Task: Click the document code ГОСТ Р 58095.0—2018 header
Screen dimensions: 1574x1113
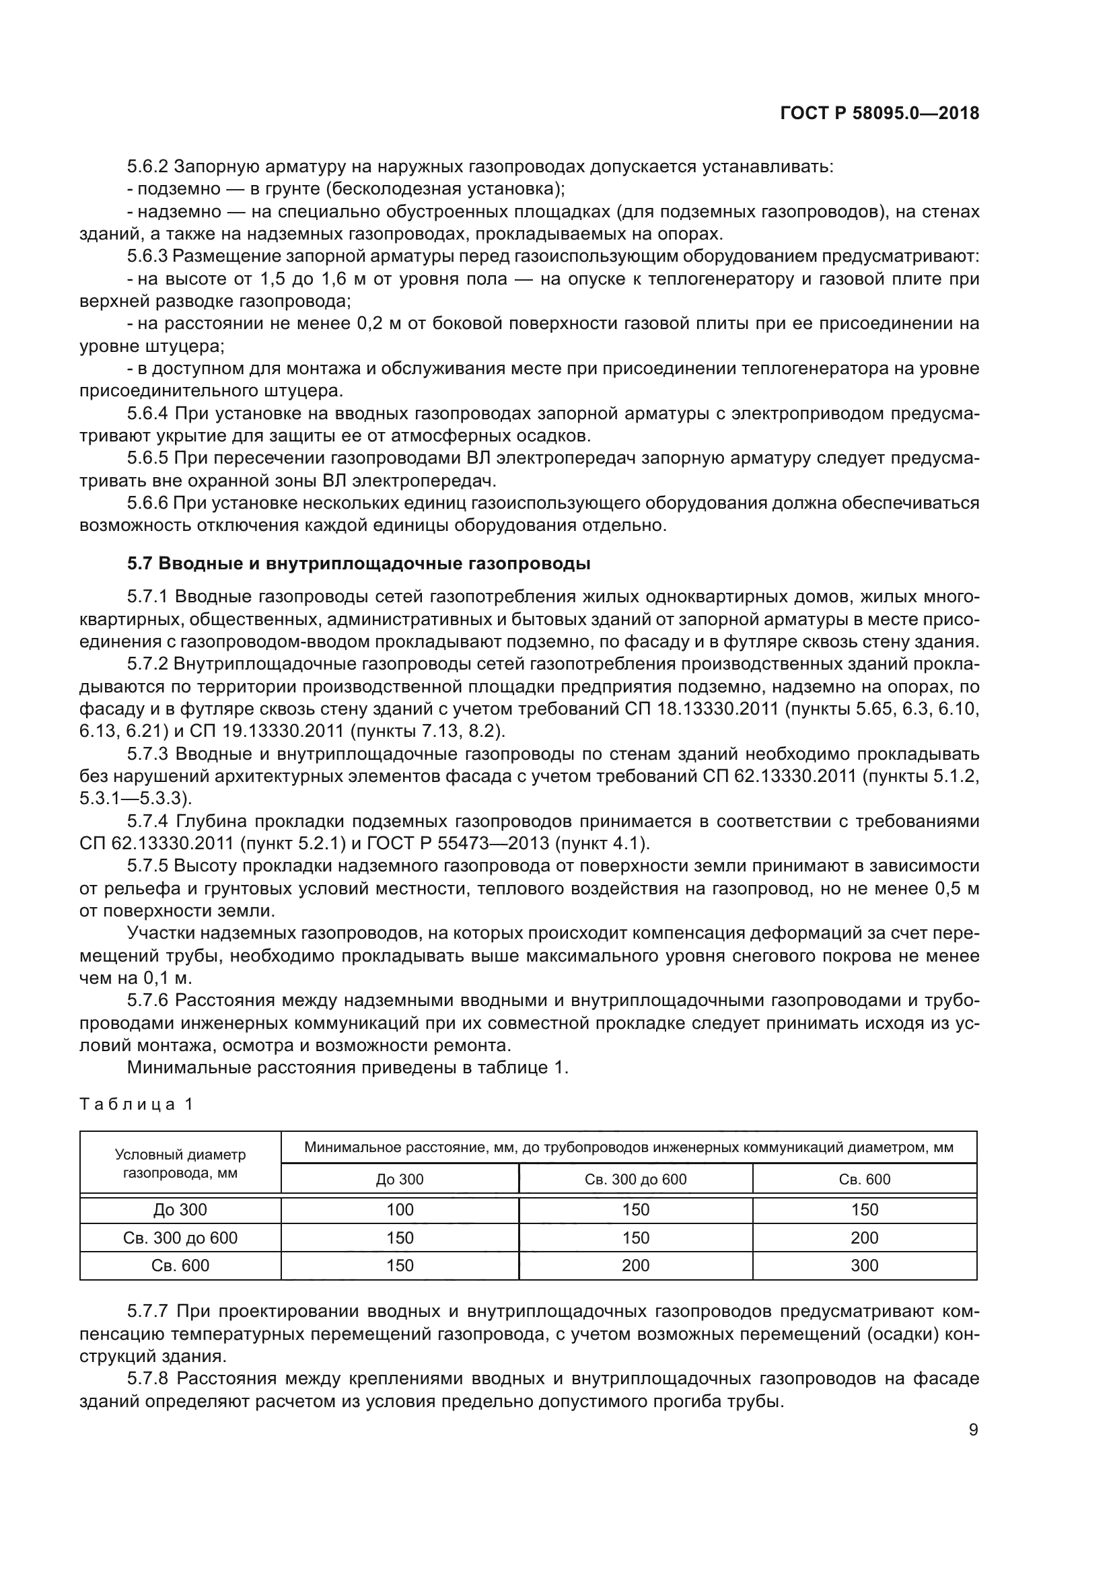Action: coord(879,114)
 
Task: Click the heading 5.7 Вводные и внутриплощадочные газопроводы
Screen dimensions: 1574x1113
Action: coord(359,563)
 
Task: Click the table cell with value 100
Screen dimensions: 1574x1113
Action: coord(400,1209)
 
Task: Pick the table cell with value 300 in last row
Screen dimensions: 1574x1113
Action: coord(864,1266)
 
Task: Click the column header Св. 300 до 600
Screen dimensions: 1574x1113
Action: coord(635,1179)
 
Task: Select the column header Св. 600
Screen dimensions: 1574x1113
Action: coord(864,1179)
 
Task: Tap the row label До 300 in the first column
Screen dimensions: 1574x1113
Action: coord(180,1209)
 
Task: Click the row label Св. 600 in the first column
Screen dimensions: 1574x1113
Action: coord(180,1266)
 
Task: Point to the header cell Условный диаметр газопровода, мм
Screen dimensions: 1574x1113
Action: coord(180,1164)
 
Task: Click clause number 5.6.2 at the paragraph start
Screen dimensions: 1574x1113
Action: coord(147,167)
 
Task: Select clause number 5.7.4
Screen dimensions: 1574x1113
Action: coord(147,821)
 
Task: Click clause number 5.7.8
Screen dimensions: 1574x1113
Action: coord(147,1379)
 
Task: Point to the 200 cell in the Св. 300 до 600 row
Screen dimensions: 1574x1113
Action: coord(864,1238)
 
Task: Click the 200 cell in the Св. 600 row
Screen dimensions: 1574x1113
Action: coord(635,1266)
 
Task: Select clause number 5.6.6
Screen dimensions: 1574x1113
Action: coord(147,503)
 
